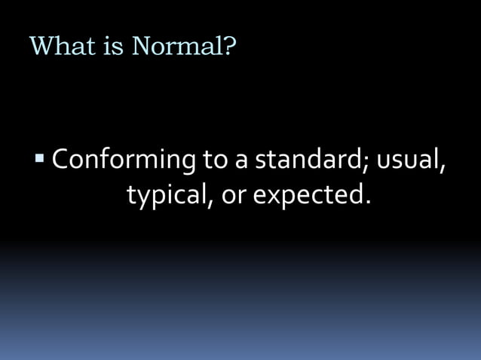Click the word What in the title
coord(63,46)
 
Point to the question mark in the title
coord(230,46)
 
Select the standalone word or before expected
coord(232,197)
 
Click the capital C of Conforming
coord(61,160)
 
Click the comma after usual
coord(442,169)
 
